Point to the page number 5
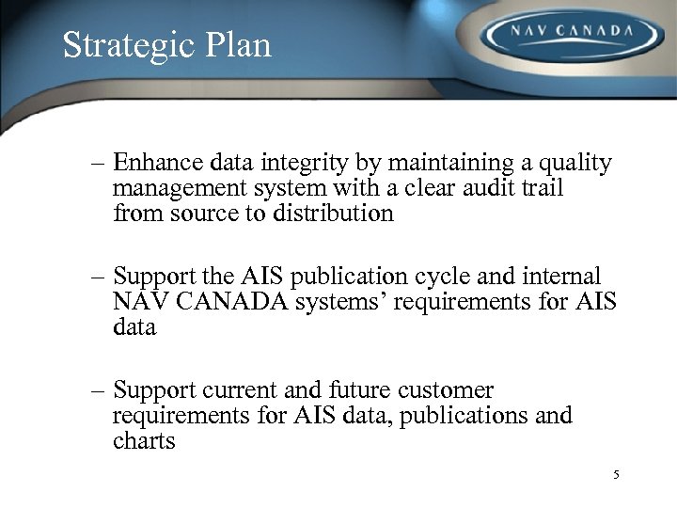pyautogui.click(x=616, y=475)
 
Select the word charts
pyautogui.click(x=144, y=439)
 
